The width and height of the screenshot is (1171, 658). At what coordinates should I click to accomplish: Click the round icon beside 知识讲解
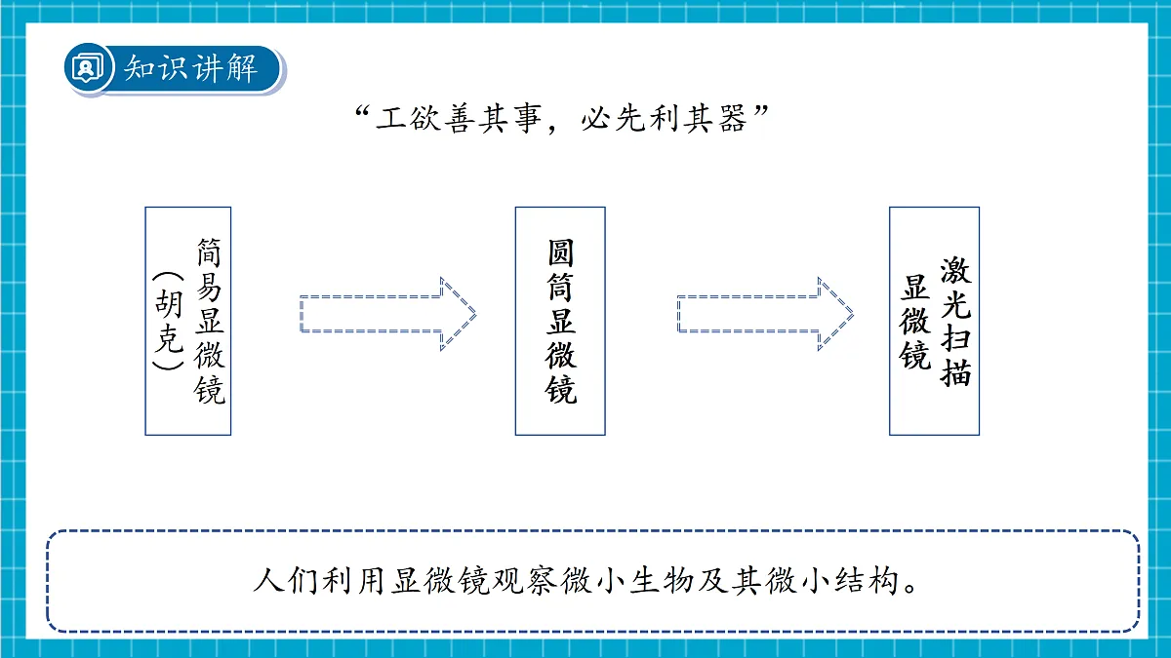coord(88,68)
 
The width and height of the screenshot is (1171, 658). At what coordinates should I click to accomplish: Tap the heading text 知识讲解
coord(191,68)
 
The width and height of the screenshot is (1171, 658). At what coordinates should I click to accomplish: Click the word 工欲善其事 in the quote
coord(459,119)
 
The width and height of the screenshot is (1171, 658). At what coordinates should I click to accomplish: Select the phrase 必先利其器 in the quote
coord(664,119)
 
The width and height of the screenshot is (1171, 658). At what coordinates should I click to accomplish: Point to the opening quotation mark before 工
coord(363,112)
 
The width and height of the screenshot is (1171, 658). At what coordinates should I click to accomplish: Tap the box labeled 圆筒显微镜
coord(560,321)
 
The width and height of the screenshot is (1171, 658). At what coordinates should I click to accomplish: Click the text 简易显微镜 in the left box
coord(210,321)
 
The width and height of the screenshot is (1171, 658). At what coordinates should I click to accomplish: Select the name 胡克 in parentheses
coord(169,321)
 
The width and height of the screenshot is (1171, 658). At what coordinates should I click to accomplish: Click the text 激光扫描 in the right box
coord(955,321)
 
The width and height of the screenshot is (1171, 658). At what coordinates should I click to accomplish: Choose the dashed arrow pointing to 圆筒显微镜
coord(388,314)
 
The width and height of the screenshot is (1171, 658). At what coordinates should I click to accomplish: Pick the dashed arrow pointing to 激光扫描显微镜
coord(765,314)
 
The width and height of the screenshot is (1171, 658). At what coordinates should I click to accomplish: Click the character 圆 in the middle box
coord(560,253)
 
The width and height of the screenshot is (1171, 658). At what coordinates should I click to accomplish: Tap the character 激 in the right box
coord(955,271)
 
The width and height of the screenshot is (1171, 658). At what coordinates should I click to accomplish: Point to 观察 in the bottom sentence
coord(525,581)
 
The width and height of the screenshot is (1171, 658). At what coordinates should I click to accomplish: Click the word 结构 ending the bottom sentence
coord(867,581)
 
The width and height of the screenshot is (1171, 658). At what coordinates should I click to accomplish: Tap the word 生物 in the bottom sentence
coord(662,581)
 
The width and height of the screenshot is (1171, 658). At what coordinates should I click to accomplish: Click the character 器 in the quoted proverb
coord(733,119)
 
